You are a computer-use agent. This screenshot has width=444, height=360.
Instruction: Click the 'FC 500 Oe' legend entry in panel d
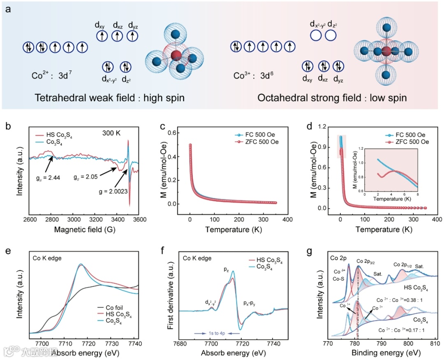click(407, 135)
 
